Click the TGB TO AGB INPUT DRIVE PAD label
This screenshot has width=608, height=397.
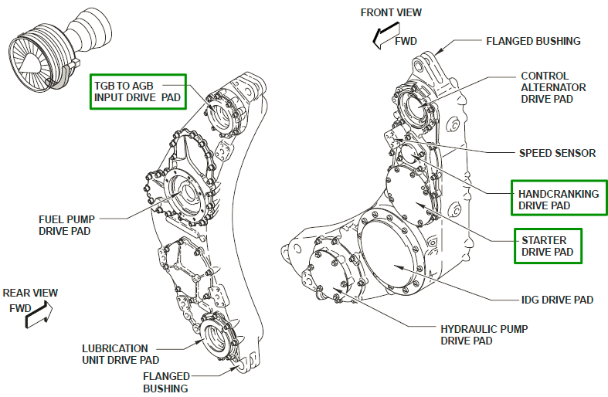(x=138, y=90)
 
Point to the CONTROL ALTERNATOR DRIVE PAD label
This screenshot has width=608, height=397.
(x=553, y=87)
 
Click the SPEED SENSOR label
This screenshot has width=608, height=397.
(x=557, y=153)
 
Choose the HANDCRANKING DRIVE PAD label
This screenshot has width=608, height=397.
(x=559, y=199)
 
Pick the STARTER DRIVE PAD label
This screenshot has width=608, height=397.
(x=547, y=246)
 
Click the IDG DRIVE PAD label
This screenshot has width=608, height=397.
(x=556, y=299)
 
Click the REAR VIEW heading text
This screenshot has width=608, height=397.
(x=30, y=294)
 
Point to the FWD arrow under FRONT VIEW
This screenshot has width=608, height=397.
(x=382, y=36)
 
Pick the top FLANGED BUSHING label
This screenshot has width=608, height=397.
(x=532, y=41)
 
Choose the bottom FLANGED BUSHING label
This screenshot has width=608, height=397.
(x=165, y=382)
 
